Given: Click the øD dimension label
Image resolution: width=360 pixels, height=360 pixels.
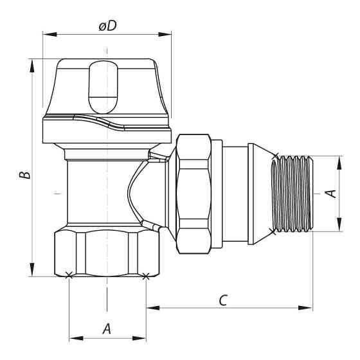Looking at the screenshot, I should (x=107, y=26).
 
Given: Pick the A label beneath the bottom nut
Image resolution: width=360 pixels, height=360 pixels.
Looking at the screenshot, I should (x=107, y=328).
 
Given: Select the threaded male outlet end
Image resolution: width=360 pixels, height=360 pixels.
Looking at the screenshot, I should (x=292, y=193).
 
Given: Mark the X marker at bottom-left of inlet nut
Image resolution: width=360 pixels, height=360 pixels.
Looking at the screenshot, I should (x=69, y=276).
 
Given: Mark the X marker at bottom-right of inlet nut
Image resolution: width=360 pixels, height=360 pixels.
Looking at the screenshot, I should (x=146, y=276).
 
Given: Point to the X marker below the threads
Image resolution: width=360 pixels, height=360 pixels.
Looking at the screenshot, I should (x=275, y=230).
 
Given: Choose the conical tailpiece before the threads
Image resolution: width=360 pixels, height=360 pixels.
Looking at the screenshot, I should (x=260, y=193).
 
